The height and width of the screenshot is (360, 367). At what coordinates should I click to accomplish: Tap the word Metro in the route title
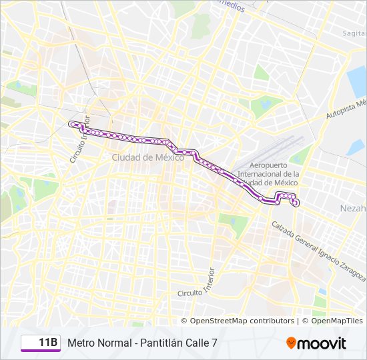[x=81, y=343]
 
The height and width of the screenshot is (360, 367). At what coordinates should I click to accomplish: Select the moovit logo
[x=316, y=343]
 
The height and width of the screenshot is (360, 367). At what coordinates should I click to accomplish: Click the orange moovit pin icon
[x=292, y=343]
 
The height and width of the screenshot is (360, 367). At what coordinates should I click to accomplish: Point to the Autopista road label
[x=346, y=111]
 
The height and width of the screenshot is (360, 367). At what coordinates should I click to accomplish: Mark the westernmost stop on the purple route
[x=71, y=123]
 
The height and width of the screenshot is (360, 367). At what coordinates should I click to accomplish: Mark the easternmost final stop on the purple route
[x=295, y=202]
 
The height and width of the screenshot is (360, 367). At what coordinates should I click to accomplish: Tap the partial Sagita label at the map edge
[x=354, y=33]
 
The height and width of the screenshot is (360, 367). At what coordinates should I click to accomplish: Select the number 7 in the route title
[x=214, y=343]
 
